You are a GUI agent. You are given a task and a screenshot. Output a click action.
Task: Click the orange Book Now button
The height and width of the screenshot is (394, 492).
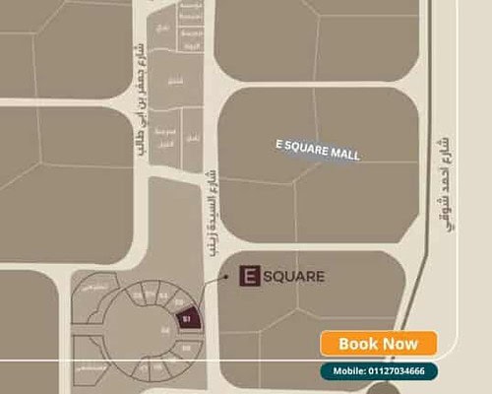coord(378,344)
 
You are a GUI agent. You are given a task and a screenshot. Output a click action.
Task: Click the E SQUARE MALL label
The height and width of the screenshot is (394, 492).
coord(318,150)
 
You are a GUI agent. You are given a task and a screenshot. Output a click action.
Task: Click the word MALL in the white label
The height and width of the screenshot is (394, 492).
coord(344,155)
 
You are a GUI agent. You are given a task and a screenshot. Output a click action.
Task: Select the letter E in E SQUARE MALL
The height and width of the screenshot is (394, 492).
coord(279,144)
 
